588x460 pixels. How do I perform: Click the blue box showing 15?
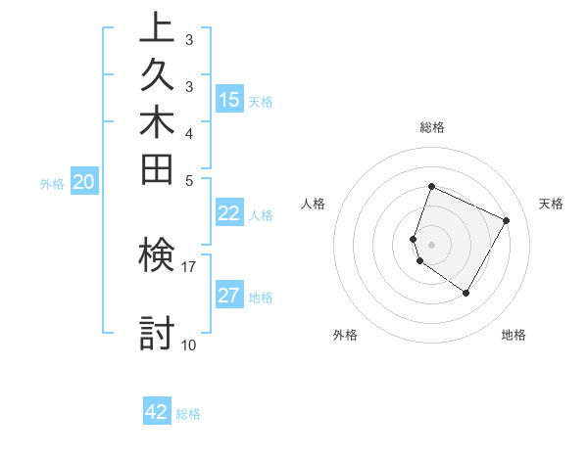click(229, 99)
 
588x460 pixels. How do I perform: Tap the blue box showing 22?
click(229, 213)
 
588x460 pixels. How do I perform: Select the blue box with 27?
click(229, 296)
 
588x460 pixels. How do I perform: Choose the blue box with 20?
click(84, 181)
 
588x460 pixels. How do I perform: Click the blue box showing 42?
click(157, 412)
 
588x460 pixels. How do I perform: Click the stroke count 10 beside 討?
click(188, 345)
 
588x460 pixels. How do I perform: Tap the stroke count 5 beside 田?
click(188, 179)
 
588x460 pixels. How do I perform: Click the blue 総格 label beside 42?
click(188, 414)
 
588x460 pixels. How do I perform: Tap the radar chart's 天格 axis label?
click(551, 204)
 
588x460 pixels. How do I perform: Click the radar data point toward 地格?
click(466, 293)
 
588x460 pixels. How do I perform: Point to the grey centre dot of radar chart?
click(431, 244)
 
